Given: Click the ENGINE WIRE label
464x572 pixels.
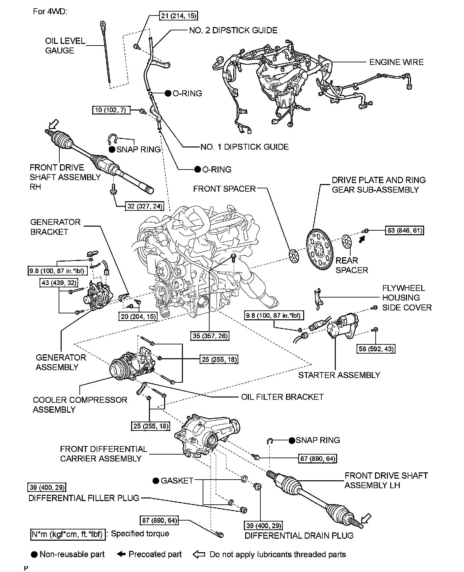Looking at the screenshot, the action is (x=396, y=62).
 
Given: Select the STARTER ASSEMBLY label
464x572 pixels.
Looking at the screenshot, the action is (x=339, y=375).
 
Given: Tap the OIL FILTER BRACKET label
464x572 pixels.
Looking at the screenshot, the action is (x=282, y=397).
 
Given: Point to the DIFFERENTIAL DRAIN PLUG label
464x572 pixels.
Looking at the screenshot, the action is (x=299, y=535).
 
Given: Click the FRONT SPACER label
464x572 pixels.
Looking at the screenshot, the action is (x=224, y=189).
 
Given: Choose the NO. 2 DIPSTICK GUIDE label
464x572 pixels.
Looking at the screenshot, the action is (x=233, y=30).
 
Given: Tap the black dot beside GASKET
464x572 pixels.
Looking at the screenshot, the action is (x=156, y=481).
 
